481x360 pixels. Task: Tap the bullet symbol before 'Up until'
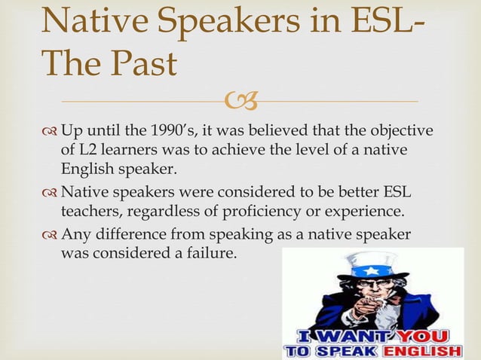point(50,132)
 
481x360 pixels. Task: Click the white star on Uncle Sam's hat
point(370,270)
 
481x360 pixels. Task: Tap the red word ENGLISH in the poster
point(424,351)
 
